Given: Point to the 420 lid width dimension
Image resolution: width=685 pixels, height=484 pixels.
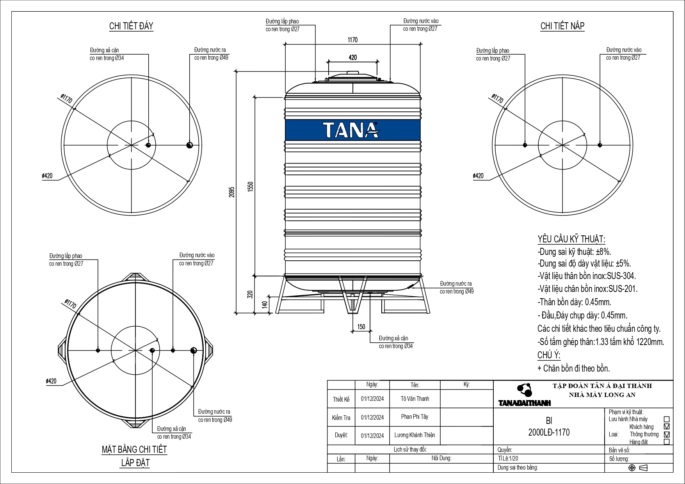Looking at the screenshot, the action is (352, 58).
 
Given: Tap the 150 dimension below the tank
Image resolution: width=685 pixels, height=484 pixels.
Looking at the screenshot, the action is (361, 327).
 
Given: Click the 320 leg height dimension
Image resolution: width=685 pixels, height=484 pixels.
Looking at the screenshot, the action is (251, 294).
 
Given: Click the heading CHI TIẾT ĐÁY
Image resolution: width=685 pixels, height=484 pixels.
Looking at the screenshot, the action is (131, 26).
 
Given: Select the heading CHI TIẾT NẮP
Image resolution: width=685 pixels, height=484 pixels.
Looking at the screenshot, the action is (562, 26).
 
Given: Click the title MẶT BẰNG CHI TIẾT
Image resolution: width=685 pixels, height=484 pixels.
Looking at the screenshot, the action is (134, 450).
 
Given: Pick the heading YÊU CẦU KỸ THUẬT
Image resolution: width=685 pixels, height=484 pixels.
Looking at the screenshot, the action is (571, 239).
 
